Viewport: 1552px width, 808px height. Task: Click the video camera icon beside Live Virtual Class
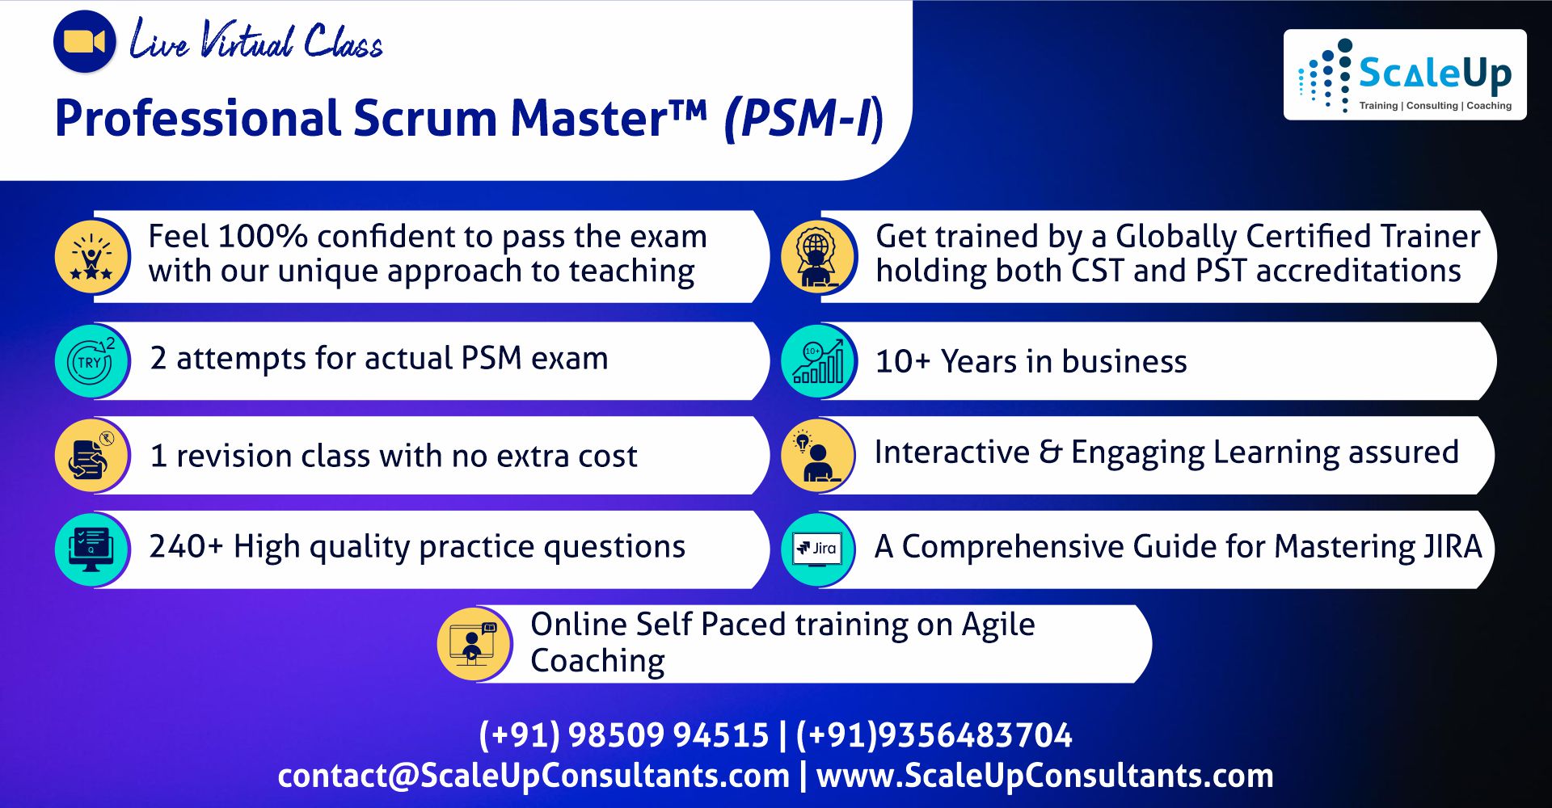click(84, 42)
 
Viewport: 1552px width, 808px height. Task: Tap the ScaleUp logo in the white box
click(1405, 75)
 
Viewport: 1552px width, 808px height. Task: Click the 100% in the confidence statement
click(262, 237)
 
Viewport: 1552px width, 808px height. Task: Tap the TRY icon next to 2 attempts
click(92, 361)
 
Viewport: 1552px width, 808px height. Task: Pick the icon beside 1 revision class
click(92, 456)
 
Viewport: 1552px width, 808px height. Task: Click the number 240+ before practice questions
click(185, 547)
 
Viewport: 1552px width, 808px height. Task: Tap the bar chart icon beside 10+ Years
click(818, 361)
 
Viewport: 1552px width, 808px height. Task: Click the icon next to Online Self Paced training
click(474, 644)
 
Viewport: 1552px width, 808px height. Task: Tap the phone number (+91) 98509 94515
click(623, 735)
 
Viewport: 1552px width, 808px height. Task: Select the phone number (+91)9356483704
click(934, 735)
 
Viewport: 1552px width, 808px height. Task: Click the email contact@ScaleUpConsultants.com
click(533, 776)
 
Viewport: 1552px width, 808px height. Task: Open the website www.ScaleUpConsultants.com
click(1044, 776)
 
